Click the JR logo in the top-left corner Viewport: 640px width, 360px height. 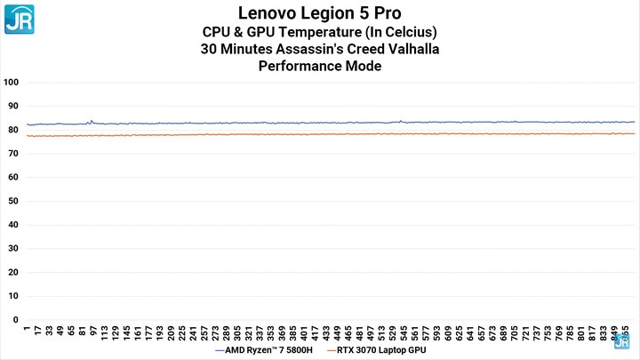click(x=19, y=18)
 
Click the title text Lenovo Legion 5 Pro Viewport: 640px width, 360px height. click(x=320, y=13)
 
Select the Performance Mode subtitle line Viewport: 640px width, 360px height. click(x=320, y=67)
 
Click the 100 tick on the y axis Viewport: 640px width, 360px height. click(x=12, y=82)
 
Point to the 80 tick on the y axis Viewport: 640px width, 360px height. click(x=12, y=130)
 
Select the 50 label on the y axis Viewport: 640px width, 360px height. click(x=12, y=201)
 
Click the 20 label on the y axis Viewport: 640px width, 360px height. click(x=12, y=272)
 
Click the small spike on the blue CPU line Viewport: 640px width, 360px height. click(x=90, y=121)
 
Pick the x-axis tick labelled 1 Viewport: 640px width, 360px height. click(x=27, y=329)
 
